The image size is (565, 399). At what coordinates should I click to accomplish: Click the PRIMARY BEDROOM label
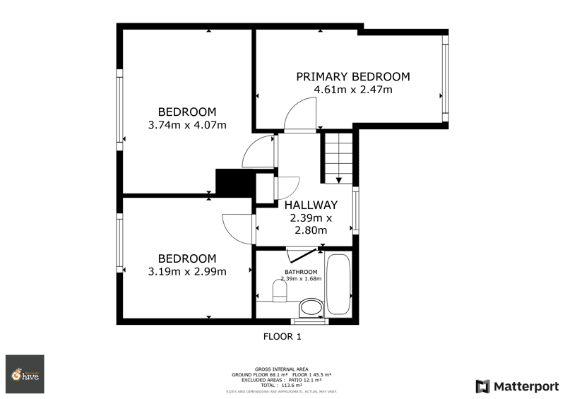click(352, 76)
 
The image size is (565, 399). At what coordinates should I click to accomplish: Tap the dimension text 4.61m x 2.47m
click(352, 90)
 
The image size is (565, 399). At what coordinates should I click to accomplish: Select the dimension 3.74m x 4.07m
click(186, 126)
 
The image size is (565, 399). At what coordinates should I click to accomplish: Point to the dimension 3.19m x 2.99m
click(186, 272)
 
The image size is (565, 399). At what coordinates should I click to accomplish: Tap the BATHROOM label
click(301, 272)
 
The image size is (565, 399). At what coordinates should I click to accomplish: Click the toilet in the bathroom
click(309, 306)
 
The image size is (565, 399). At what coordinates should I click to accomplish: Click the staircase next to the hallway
click(338, 157)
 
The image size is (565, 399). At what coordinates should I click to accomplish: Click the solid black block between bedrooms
click(232, 182)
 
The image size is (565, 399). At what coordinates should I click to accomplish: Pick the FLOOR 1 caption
click(282, 337)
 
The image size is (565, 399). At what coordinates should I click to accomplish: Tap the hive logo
click(25, 374)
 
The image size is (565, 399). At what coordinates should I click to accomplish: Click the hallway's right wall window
click(355, 210)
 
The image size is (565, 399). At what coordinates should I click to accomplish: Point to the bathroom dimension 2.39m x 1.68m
click(301, 279)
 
